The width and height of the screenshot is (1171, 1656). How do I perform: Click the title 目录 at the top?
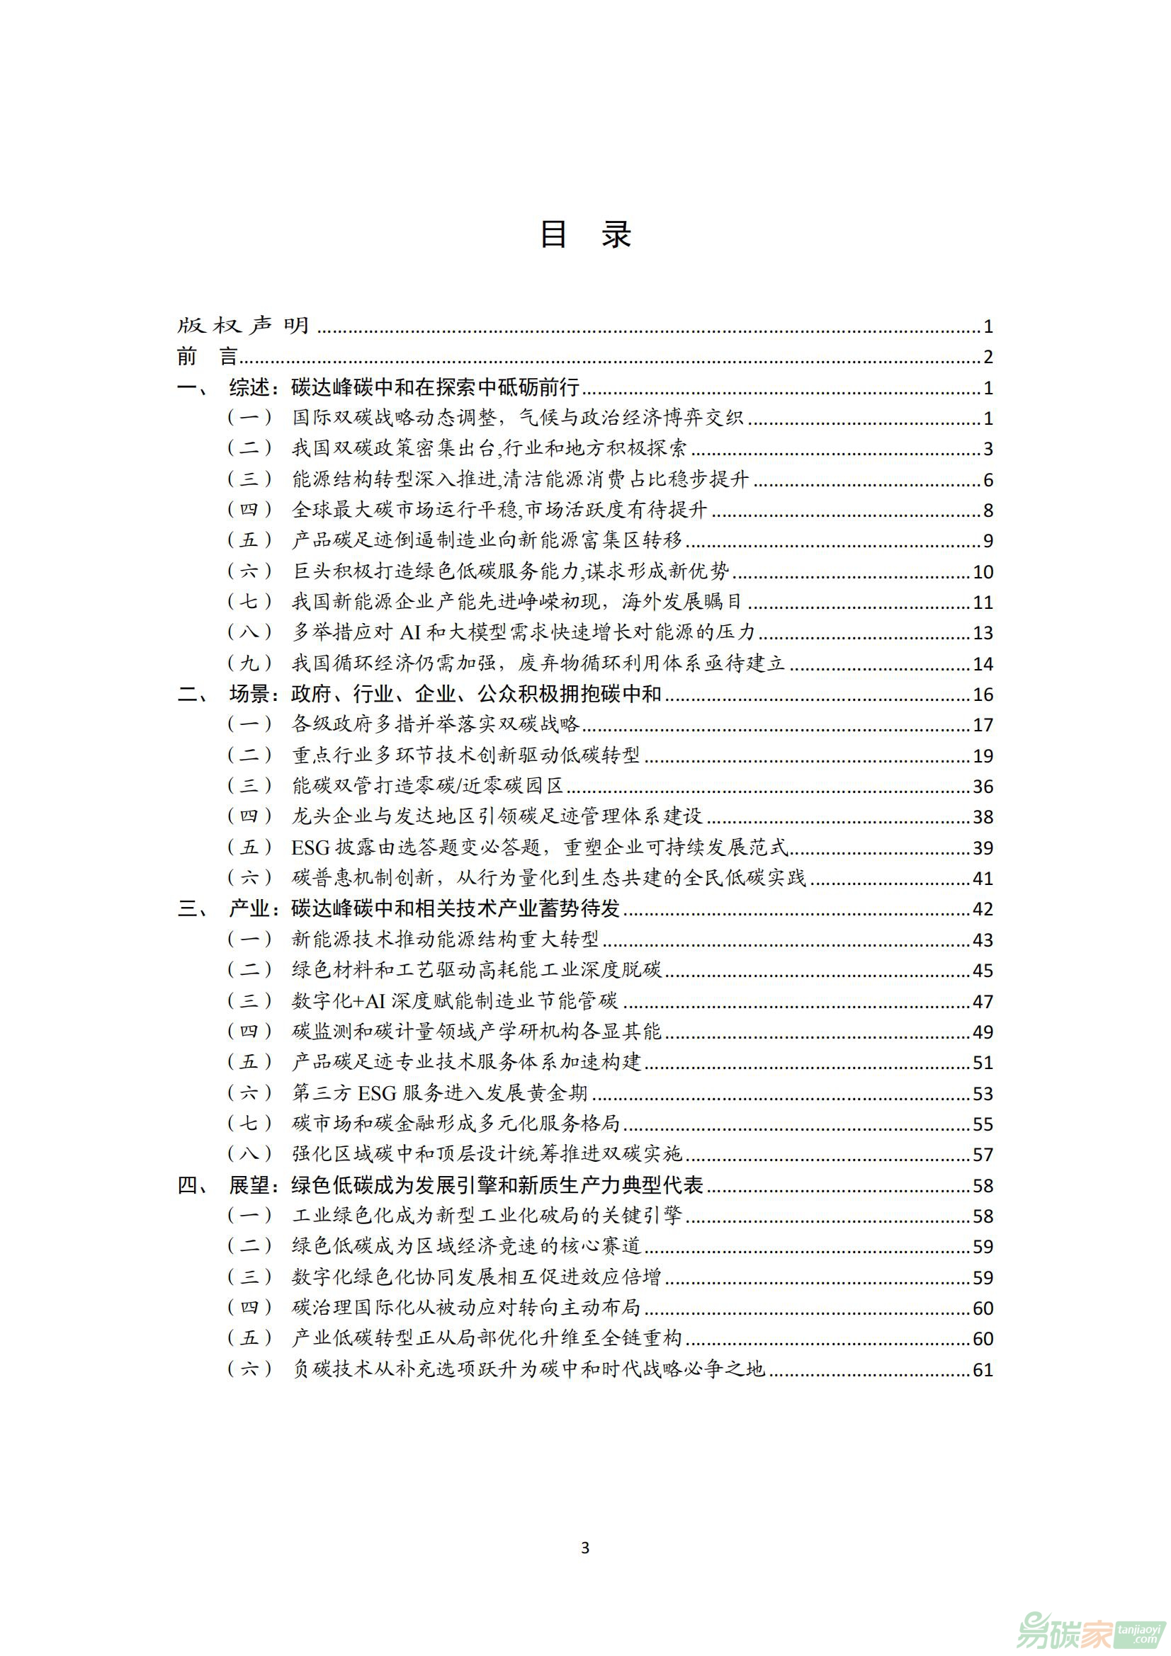point(585,235)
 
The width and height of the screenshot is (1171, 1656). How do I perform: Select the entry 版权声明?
point(243,326)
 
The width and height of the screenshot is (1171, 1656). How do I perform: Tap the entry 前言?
point(207,356)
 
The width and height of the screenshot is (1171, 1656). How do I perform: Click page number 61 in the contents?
point(983,1369)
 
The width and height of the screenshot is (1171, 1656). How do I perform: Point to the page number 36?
point(983,786)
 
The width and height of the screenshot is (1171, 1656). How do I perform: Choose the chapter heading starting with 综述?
point(404,387)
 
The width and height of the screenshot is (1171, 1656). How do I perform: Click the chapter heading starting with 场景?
point(445,694)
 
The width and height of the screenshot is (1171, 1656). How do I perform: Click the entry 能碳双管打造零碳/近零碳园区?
point(427,785)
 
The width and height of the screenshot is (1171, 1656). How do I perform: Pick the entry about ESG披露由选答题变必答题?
point(540,847)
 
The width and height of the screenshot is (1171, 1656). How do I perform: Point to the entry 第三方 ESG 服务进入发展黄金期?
point(439,1092)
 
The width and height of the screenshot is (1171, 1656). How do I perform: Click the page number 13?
point(983,632)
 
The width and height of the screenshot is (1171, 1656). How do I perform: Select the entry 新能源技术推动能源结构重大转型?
point(445,939)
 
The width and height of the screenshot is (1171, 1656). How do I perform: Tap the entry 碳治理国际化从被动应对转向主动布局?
point(465,1307)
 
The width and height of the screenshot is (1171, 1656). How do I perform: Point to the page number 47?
point(983,1001)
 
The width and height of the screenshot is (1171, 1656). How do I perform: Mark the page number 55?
point(983,1124)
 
